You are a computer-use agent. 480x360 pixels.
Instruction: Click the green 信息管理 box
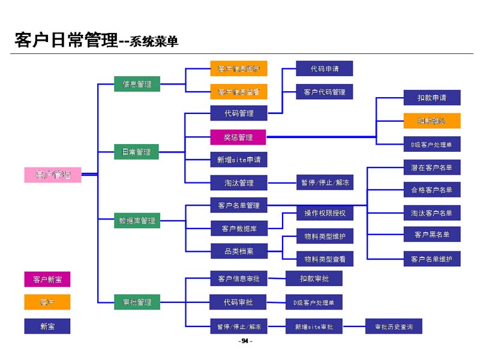[137, 84]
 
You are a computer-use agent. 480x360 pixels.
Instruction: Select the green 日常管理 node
[137, 152]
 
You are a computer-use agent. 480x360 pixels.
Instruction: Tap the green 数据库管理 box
[137, 220]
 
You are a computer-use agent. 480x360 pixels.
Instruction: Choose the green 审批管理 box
[137, 302]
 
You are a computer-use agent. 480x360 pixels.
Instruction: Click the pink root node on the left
[53, 175]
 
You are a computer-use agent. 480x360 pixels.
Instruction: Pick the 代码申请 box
[325, 68]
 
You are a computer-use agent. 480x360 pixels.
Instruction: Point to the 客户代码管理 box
[325, 92]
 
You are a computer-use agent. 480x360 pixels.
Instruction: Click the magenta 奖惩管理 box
[239, 137]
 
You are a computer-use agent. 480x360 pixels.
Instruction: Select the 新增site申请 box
[239, 160]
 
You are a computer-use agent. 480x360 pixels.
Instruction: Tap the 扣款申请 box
[432, 97]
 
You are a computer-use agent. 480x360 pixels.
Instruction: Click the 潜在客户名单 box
[432, 167]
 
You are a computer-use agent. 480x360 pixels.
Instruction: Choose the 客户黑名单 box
[432, 234]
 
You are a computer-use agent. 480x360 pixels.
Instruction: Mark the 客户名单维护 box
[432, 259]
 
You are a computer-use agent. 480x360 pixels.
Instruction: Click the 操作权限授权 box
[325, 213]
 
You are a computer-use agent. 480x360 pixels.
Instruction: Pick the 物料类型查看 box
[325, 259]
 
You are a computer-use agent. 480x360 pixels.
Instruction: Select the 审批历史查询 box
[394, 326]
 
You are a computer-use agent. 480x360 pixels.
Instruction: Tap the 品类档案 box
[239, 251]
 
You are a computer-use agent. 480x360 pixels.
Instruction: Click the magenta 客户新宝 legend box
[47, 279]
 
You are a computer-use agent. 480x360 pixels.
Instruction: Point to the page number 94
[245, 341]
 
